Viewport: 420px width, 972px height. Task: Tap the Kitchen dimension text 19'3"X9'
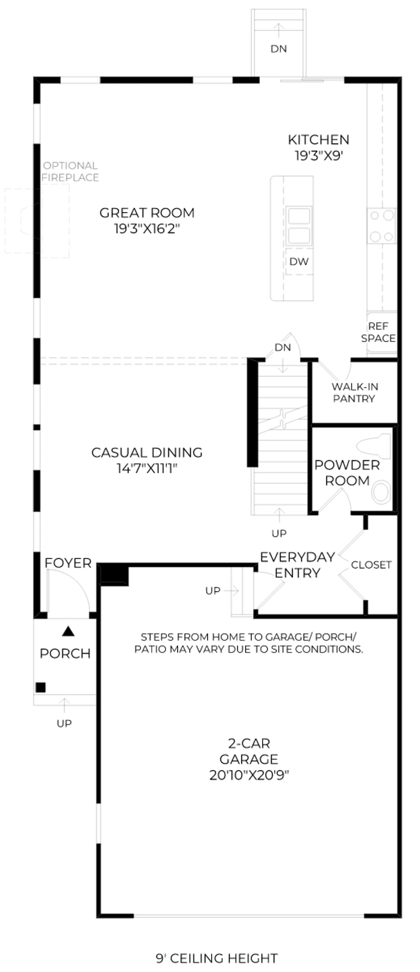click(x=319, y=156)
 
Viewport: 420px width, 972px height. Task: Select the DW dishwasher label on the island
click(x=299, y=261)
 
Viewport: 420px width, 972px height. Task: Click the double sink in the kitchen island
click(x=299, y=226)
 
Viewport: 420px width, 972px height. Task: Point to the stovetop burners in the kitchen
click(x=382, y=226)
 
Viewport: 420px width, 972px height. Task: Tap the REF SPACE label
click(x=378, y=332)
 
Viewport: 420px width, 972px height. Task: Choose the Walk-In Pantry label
click(x=354, y=393)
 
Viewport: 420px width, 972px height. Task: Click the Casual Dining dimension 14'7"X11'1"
click(x=147, y=468)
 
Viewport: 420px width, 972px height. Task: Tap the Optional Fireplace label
click(x=70, y=172)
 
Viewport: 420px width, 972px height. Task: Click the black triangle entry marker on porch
click(x=68, y=632)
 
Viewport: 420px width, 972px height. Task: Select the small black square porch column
click(x=41, y=687)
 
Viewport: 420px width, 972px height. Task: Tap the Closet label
click(x=371, y=565)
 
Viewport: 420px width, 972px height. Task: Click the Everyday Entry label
click(x=297, y=565)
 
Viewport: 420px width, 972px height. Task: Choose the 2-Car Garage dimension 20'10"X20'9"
click(x=249, y=788)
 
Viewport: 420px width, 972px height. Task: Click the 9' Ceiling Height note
click(x=217, y=959)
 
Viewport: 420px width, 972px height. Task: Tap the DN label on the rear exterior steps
click(x=279, y=49)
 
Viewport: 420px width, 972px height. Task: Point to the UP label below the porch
click(x=64, y=723)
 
